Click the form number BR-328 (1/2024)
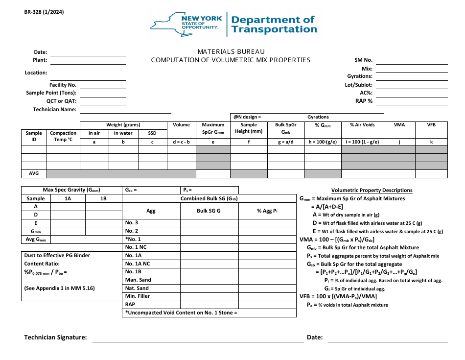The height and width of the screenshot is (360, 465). [44, 12]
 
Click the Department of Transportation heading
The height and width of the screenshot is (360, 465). [274, 24]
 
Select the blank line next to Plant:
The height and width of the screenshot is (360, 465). [88, 60]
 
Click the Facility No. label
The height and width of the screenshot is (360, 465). [63, 85]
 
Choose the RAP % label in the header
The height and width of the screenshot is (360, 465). [364, 101]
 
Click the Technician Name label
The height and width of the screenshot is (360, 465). [55, 109]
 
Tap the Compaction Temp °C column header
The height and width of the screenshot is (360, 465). [63, 136]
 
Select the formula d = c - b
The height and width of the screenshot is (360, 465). [181, 142]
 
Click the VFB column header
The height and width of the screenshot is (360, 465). [431, 125]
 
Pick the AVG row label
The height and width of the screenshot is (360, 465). [34, 173]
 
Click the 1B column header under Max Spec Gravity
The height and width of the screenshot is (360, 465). [103, 198]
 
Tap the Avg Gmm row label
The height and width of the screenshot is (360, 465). [36, 240]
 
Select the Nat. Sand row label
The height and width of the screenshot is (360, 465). [137, 288]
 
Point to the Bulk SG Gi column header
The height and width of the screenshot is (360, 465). [209, 211]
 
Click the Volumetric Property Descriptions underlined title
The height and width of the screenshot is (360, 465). [372, 190]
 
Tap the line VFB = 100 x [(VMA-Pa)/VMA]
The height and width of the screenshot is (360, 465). [338, 296]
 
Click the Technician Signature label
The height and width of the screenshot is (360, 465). [56, 337]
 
